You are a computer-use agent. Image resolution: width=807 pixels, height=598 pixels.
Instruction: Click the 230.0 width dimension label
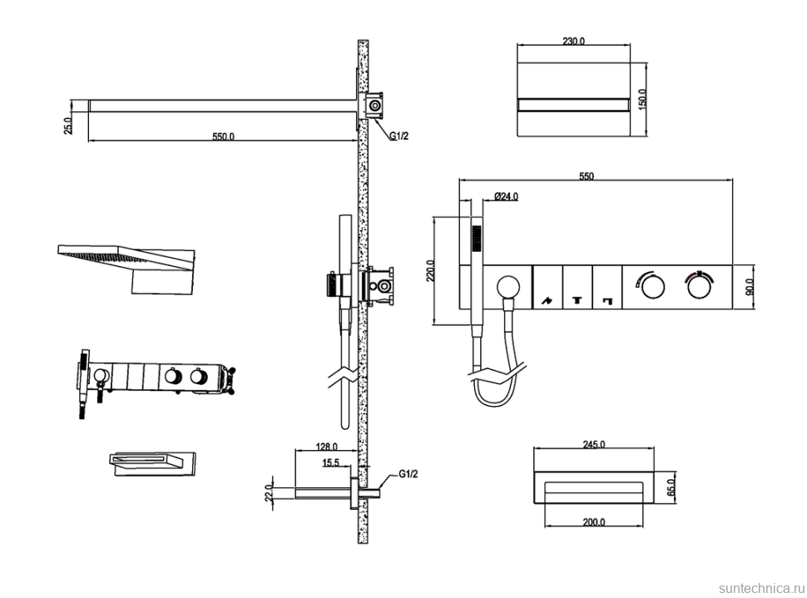coord(573,41)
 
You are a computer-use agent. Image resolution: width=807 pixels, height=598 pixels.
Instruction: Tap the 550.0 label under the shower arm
coord(223,136)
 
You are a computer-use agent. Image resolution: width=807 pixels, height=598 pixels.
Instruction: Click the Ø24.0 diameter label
coord(506,196)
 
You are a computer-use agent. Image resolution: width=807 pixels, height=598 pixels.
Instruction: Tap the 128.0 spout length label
coord(326,447)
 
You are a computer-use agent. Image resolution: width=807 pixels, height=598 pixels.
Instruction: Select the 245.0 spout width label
coord(593,445)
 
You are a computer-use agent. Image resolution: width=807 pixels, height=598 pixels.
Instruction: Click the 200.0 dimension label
coord(593,522)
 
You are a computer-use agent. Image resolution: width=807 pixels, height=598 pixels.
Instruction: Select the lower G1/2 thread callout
coord(408,473)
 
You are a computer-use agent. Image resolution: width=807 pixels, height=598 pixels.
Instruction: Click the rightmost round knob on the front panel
coord(699,288)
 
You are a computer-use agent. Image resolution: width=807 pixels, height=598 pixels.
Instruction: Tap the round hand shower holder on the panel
coord(507,288)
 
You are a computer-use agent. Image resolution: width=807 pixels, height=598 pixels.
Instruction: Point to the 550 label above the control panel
coord(587,176)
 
